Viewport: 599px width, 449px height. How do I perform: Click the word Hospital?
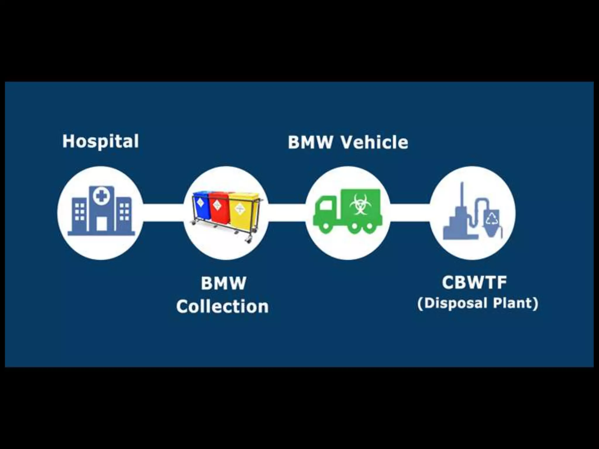(100, 141)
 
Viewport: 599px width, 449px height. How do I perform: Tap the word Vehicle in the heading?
(375, 142)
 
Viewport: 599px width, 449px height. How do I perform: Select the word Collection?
(222, 307)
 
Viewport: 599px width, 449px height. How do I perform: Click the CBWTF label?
(474, 282)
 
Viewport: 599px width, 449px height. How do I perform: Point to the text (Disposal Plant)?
(478, 303)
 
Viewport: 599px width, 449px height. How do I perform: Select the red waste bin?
(219, 208)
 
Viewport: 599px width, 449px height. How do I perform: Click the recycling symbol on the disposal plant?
(492, 219)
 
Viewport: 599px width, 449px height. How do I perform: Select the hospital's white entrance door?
(101, 224)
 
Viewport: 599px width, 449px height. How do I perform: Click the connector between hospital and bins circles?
(163, 213)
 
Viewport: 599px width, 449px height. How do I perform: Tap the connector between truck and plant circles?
(410, 213)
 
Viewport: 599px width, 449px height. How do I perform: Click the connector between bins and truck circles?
(287, 213)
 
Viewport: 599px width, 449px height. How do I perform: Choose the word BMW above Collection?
(223, 283)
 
